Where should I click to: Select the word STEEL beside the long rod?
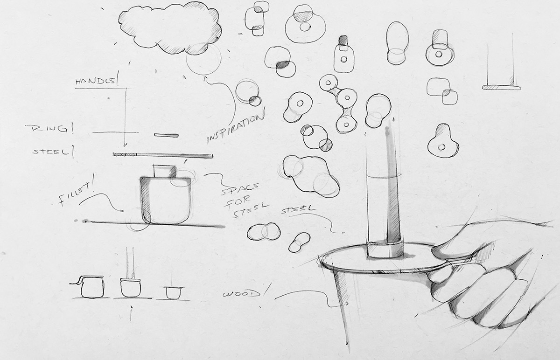(51, 151)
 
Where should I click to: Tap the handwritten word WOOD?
(240, 293)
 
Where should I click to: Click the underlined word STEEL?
(298, 210)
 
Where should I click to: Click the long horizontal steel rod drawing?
(163, 155)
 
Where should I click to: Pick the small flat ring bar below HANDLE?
(166, 135)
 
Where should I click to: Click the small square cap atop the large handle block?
(165, 171)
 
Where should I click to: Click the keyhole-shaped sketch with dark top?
(443, 141)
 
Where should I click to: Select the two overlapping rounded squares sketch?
(442, 91)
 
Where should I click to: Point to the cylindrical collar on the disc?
(385, 250)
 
